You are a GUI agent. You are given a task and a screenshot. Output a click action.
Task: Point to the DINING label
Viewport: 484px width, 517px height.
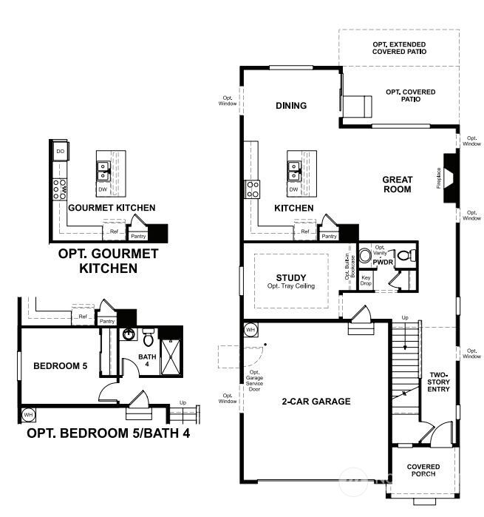tap(291, 106)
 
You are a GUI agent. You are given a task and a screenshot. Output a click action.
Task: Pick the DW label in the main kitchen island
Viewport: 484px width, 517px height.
tap(294, 189)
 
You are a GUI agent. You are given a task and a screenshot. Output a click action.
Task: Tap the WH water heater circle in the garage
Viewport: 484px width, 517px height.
tap(250, 329)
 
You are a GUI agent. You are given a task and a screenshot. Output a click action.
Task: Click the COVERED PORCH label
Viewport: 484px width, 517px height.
tap(423, 470)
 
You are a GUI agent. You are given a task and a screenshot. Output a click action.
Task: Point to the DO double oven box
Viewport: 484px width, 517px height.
tap(60, 152)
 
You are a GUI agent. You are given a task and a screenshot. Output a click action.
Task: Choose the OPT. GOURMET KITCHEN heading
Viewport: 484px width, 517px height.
tap(108, 261)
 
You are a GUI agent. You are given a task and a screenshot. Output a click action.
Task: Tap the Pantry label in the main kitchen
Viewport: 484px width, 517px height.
tap(330, 237)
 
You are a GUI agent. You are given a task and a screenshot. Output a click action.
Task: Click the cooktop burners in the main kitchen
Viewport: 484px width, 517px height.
tap(253, 189)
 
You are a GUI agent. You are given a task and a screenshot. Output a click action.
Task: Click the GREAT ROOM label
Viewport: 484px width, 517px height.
tap(397, 184)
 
